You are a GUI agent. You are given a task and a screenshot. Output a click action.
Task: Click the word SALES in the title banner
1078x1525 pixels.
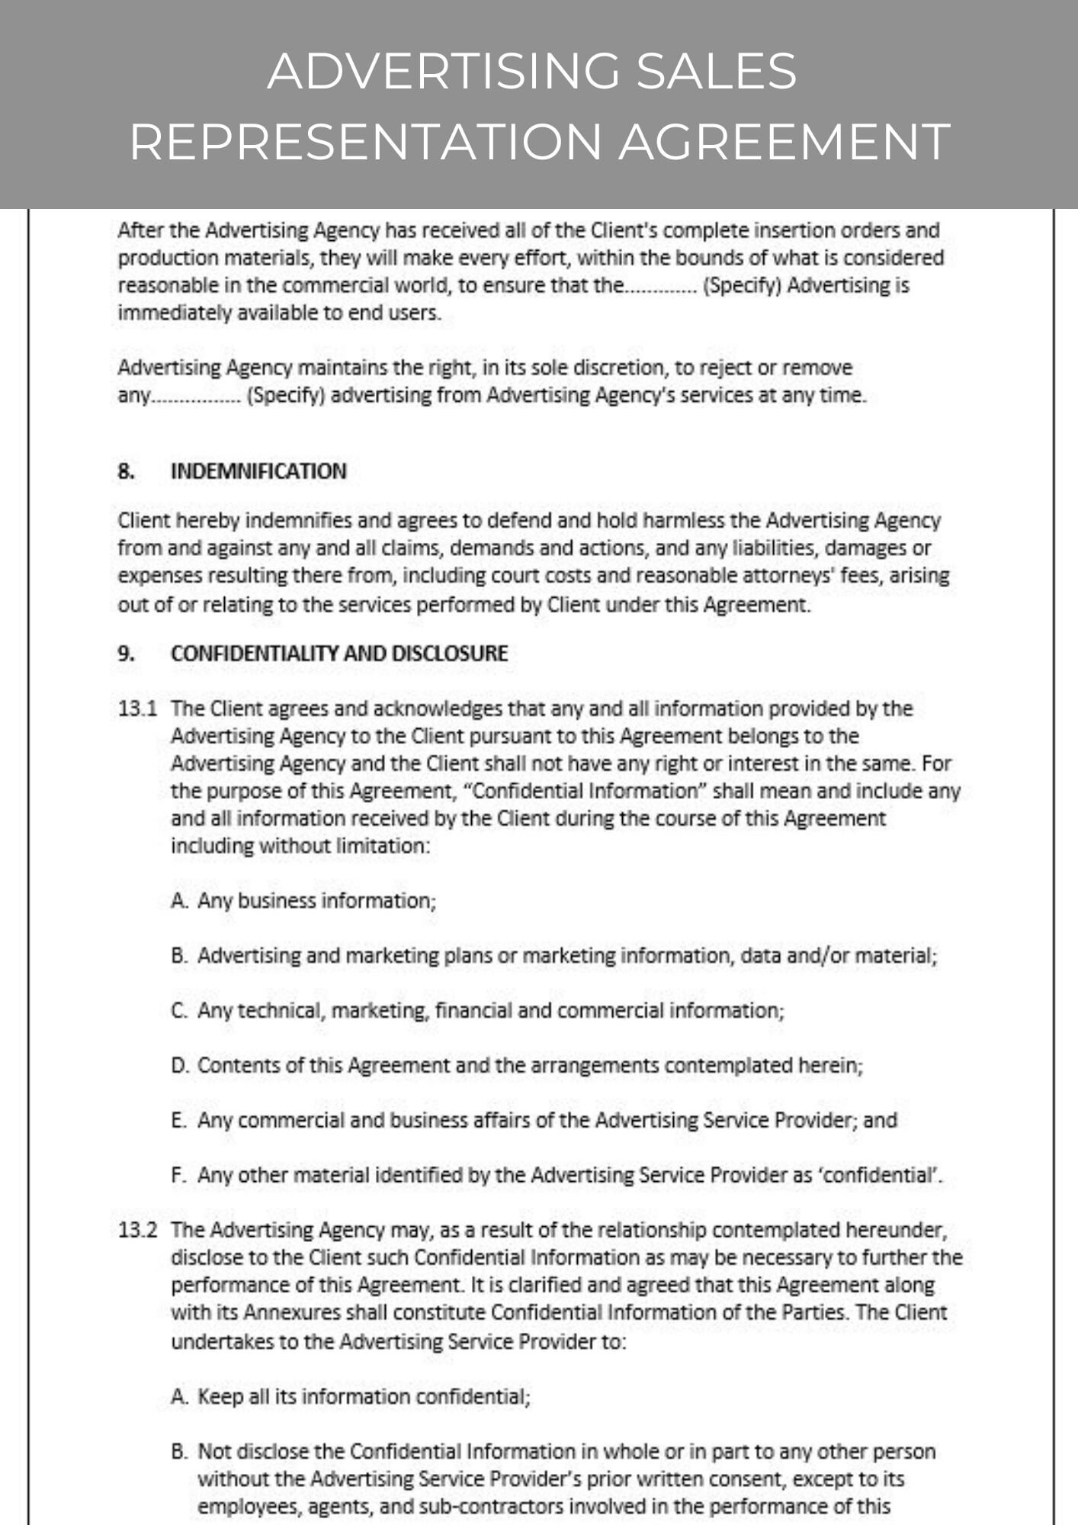(716, 71)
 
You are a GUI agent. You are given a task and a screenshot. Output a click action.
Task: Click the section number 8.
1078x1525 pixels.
(126, 471)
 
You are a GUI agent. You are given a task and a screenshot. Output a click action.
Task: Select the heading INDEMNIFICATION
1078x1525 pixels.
(258, 471)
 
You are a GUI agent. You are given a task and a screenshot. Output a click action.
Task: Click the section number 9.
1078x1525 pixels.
(126, 653)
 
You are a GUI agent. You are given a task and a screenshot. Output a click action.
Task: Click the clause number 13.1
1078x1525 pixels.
(137, 708)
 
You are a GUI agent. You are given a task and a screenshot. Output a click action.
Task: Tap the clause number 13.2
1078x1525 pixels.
(137, 1230)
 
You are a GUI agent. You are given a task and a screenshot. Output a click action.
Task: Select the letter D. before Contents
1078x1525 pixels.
(179, 1065)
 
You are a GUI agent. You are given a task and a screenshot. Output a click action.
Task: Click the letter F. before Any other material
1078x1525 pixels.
(178, 1175)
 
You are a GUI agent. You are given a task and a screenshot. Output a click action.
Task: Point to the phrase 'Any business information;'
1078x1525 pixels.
(316, 901)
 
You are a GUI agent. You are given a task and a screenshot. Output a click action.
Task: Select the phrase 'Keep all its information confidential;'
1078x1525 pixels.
(364, 1396)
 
